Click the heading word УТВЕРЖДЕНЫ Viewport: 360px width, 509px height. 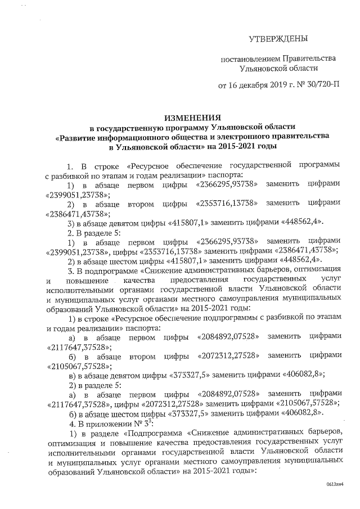pos(278,39)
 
